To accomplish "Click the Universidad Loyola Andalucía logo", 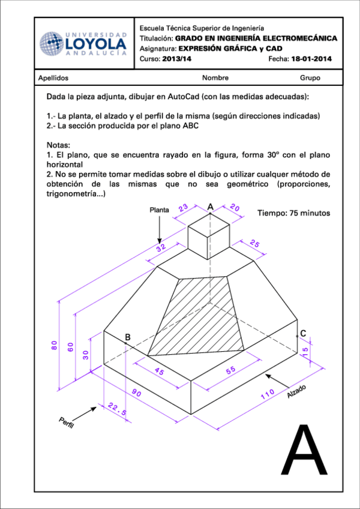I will point(83,43).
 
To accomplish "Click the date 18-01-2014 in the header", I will point(311,59).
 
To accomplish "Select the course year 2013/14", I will point(177,59).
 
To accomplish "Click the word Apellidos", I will point(53,78).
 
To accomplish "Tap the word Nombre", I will point(215,78).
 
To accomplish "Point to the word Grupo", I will point(310,78).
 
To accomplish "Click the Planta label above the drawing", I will point(159,210).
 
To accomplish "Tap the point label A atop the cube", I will point(210,206).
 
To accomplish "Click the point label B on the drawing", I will point(127,337).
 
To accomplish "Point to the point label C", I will point(303,334).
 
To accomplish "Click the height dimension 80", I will point(54,345).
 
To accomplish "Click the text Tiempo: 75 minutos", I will point(293,213).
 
